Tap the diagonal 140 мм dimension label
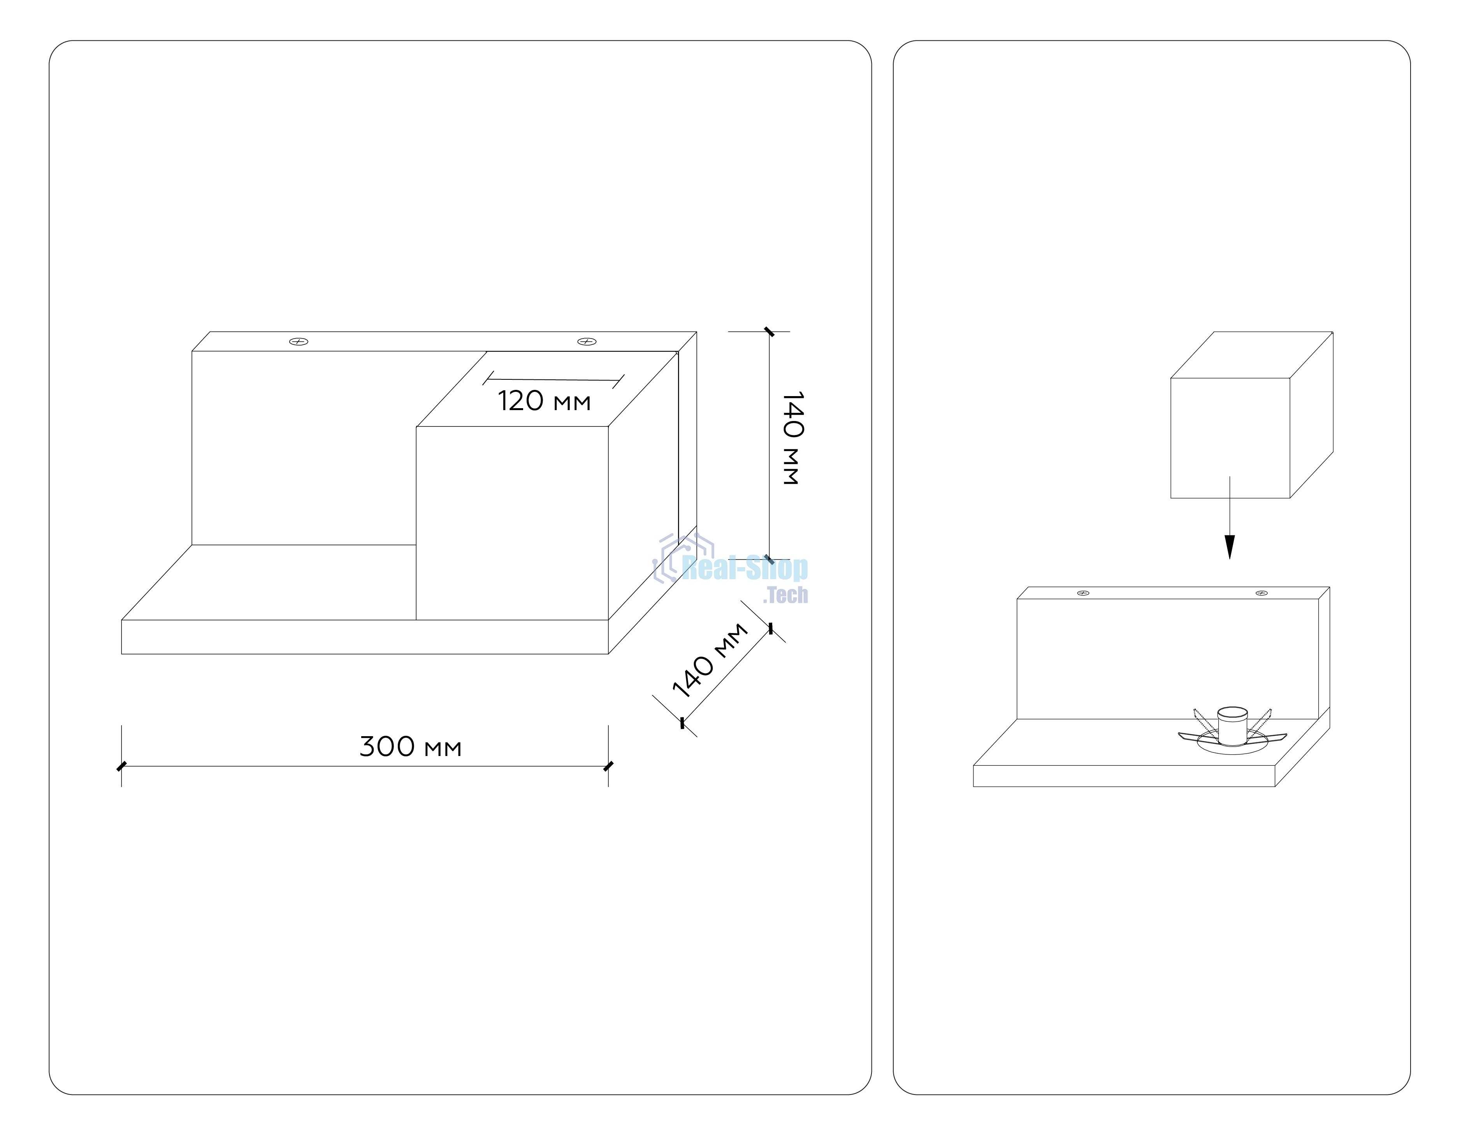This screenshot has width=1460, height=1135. [x=709, y=660]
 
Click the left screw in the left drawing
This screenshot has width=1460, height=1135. [x=298, y=342]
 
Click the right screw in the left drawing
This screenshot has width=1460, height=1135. [x=587, y=342]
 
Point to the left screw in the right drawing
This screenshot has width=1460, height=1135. [x=1084, y=593]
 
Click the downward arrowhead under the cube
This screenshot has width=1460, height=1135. [x=1229, y=547]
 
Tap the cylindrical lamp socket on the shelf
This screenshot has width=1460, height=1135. [x=1232, y=725]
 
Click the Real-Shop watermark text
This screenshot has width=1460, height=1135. [x=745, y=568]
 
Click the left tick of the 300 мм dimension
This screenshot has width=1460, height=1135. [x=121, y=766]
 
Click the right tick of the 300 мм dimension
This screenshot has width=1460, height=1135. [x=608, y=766]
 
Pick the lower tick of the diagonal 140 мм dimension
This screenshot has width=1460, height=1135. [x=682, y=723]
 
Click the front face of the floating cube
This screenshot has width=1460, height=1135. [x=1230, y=438]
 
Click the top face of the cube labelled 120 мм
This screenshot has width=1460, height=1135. [x=547, y=389]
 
